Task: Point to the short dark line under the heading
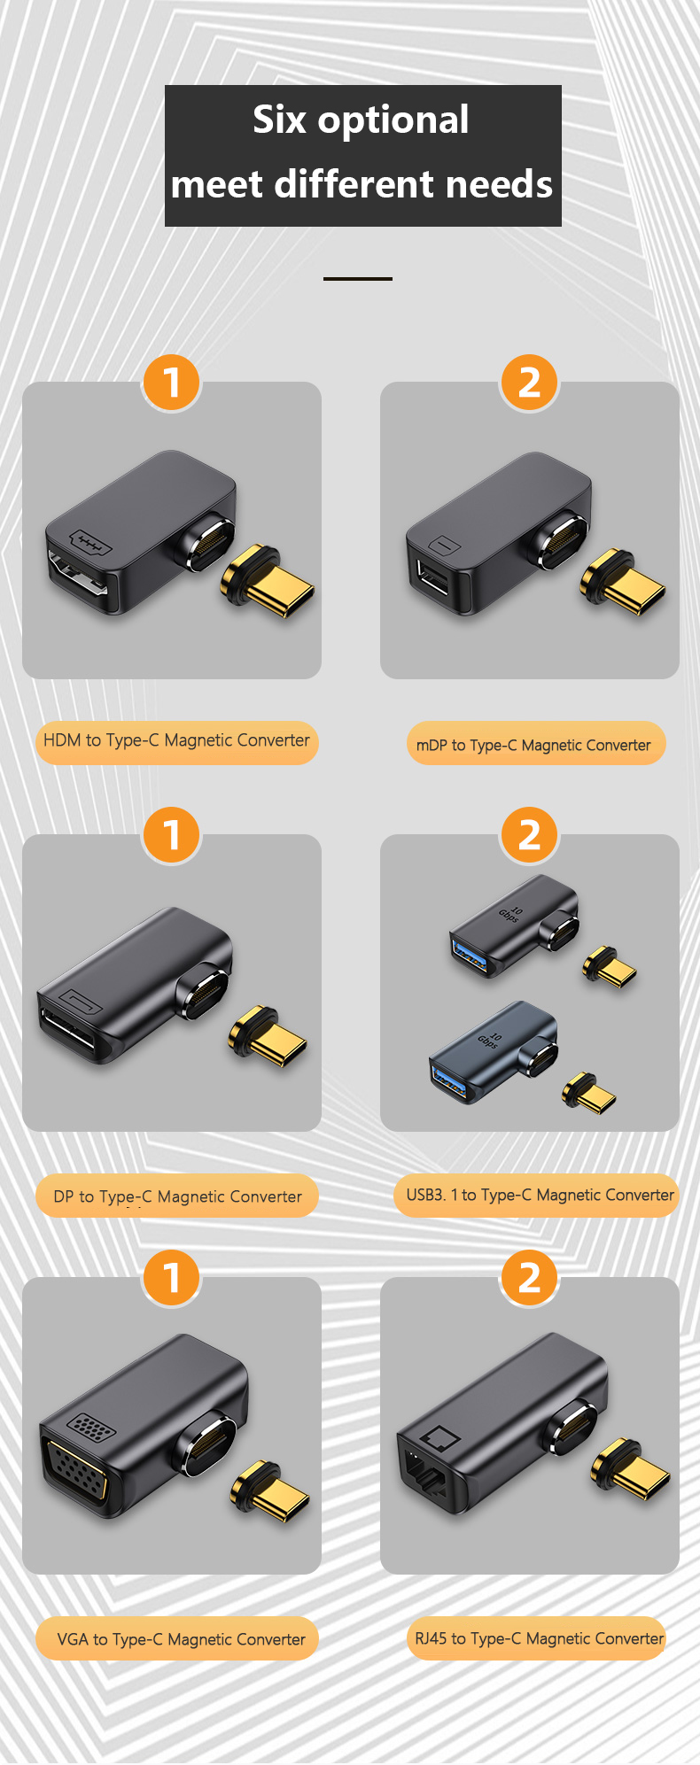pos(358,278)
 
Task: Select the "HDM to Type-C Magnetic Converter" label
pos(176,741)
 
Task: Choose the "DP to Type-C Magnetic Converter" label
pos(177,1196)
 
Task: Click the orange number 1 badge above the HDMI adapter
pos(172,383)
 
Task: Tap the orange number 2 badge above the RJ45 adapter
pos(530,1278)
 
